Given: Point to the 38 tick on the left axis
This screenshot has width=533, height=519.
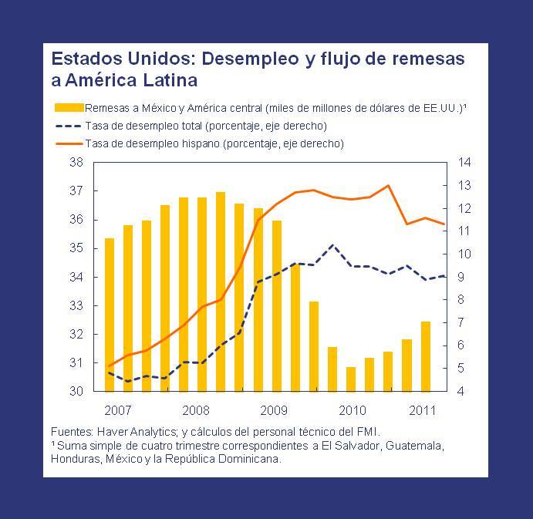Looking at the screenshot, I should pyautogui.click(x=76, y=163).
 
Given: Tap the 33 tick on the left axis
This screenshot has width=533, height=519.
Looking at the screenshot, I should pyautogui.click(x=76, y=305).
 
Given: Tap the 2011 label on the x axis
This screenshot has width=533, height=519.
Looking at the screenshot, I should pyautogui.click(x=421, y=409).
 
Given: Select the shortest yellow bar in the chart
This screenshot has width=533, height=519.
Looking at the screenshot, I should pyautogui.click(x=351, y=379).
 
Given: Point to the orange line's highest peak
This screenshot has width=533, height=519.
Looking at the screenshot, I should pyautogui.click(x=388, y=185).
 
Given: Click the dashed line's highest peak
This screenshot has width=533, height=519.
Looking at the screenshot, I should pyautogui.click(x=332, y=245).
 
